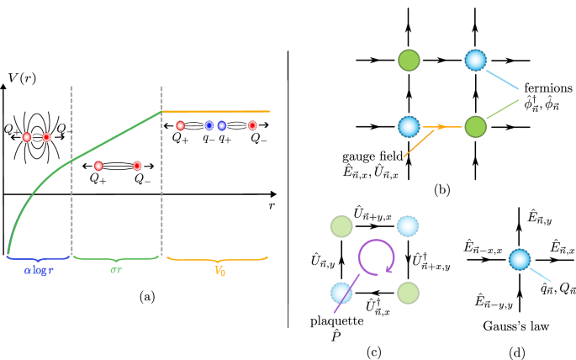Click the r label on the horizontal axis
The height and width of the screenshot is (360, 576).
pyautogui.click(x=272, y=204)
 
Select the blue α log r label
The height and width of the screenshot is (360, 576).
pyautogui.click(x=39, y=272)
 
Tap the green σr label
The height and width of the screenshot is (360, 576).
pyautogui.click(x=115, y=272)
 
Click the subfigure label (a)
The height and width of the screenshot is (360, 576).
pyautogui.click(x=144, y=296)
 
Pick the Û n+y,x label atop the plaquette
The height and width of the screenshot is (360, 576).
pyautogui.click(x=374, y=211)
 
